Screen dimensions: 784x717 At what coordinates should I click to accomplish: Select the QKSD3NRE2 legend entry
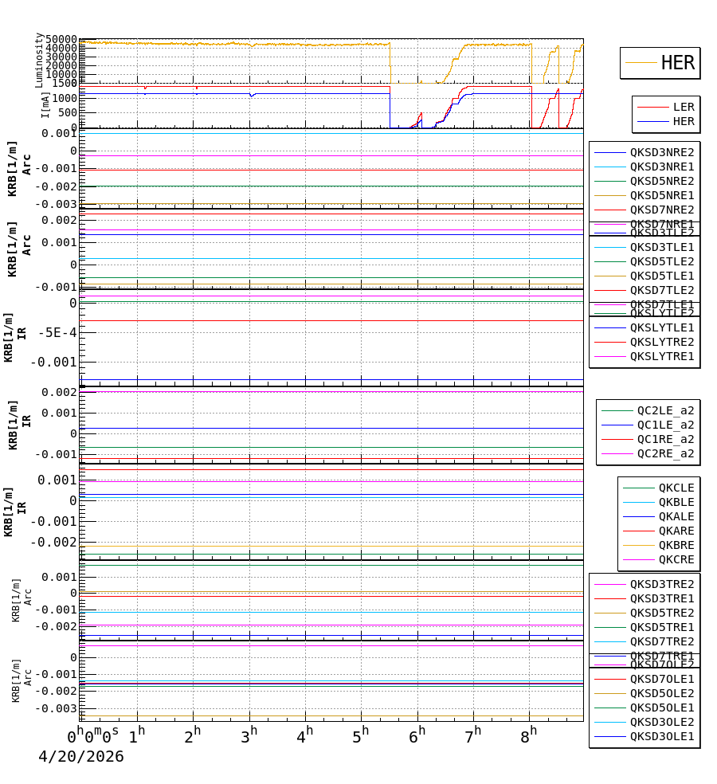point(661,152)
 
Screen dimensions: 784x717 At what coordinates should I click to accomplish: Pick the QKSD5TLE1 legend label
point(661,276)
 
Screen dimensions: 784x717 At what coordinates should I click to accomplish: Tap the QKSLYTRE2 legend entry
point(661,342)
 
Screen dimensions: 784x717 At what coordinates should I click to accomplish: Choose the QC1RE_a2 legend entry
point(665,439)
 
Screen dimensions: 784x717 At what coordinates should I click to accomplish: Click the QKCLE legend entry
point(676,488)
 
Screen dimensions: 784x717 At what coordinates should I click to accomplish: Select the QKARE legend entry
point(676,531)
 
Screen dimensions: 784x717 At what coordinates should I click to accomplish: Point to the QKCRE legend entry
point(676,559)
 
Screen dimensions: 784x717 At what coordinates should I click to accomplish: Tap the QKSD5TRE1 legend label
point(661,627)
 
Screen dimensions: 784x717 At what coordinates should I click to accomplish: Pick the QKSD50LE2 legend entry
point(661,693)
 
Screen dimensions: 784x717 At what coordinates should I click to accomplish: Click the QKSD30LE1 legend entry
point(661,736)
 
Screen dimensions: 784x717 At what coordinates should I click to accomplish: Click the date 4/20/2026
point(81,757)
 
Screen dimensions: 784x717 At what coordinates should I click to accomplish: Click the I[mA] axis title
point(46,104)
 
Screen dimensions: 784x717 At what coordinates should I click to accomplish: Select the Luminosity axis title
point(39,60)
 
